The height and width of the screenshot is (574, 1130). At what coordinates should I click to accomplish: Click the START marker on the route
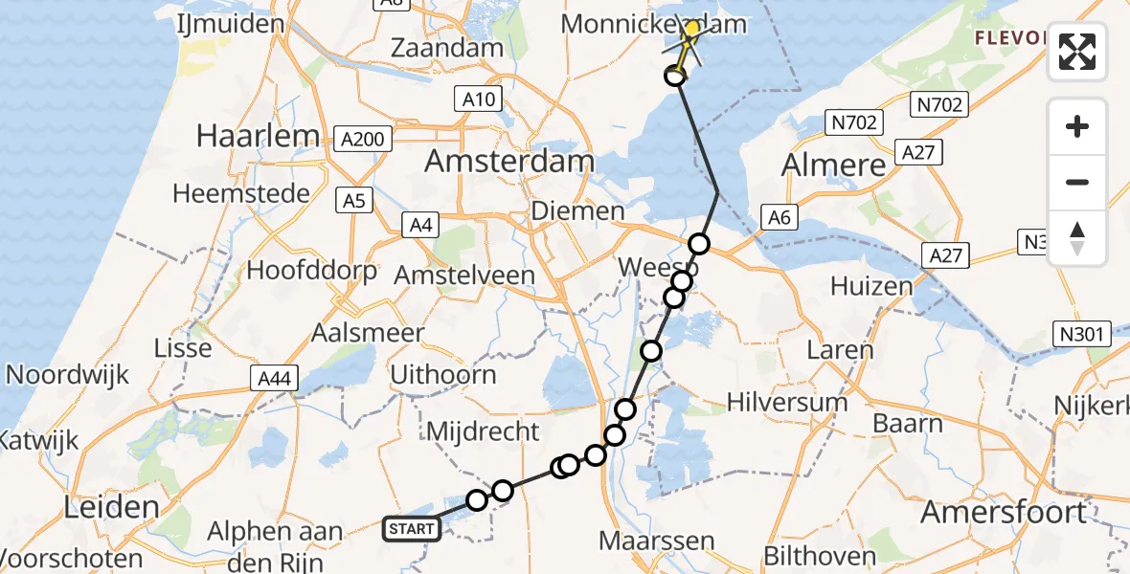(x=412, y=528)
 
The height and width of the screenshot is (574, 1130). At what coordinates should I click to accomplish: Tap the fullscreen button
(x=1077, y=52)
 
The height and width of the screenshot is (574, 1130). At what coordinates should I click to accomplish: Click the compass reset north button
(x=1077, y=237)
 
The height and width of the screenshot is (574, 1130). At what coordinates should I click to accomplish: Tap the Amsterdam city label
(x=509, y=161)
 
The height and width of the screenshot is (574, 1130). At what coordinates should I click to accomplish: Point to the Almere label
(x=834, y=166)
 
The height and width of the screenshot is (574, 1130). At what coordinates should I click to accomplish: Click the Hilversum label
(x=787, y=402)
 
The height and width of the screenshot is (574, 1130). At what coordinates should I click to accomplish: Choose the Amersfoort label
(x=1004, y=512)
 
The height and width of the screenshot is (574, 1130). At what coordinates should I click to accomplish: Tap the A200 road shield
(x=363, y=140)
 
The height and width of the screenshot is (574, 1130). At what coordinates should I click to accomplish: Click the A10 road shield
(x=478, y=99)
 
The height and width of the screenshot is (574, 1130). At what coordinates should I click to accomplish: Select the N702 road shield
(x=854, y=121)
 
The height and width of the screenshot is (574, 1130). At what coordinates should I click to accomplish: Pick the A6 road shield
(x=780, y=218)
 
